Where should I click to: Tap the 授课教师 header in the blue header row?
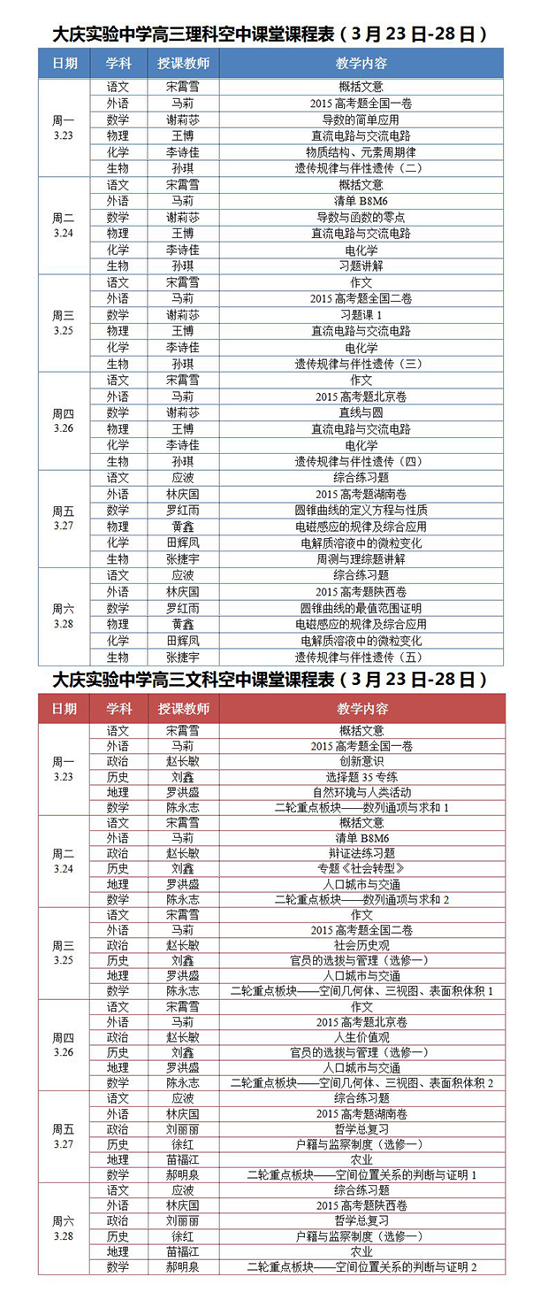183,65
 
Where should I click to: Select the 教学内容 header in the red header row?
362,709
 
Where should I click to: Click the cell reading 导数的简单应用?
361,119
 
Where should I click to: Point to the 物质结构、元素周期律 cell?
361,152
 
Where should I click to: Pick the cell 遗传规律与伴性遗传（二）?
361,168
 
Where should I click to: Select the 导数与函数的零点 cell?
361,217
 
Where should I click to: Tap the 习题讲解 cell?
361,265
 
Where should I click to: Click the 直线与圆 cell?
361,412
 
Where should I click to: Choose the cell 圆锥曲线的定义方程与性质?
361,511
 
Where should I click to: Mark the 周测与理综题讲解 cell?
361,559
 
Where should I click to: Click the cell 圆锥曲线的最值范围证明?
361,608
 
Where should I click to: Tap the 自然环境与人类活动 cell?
361,792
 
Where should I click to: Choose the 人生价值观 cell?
361,1036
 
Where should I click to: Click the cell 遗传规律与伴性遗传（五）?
361,657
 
